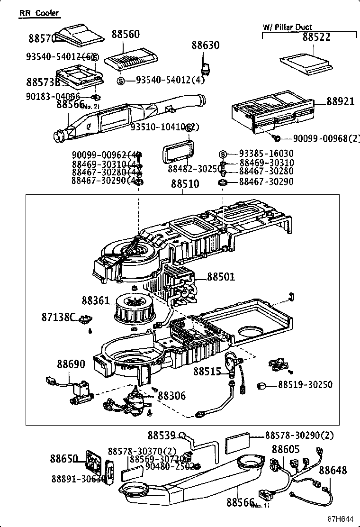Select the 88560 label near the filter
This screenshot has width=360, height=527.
coord(126,34)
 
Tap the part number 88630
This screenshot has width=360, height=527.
coord(206,45)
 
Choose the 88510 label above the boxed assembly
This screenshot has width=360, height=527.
coord(185,184)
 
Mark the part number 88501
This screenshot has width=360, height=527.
coord(221,277)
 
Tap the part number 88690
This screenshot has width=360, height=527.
coord(71,364)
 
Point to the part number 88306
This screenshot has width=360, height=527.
coord(171,395)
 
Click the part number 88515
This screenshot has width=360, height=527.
coord(207,372)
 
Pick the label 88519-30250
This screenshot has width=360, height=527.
coord(305,385)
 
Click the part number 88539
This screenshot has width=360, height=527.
coord(161,435)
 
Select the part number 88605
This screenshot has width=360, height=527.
coord(286,449)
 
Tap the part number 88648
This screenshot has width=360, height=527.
coord(333,470)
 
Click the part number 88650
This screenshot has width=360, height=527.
coord(64,459)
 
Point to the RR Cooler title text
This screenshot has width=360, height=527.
coord(39,13)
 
